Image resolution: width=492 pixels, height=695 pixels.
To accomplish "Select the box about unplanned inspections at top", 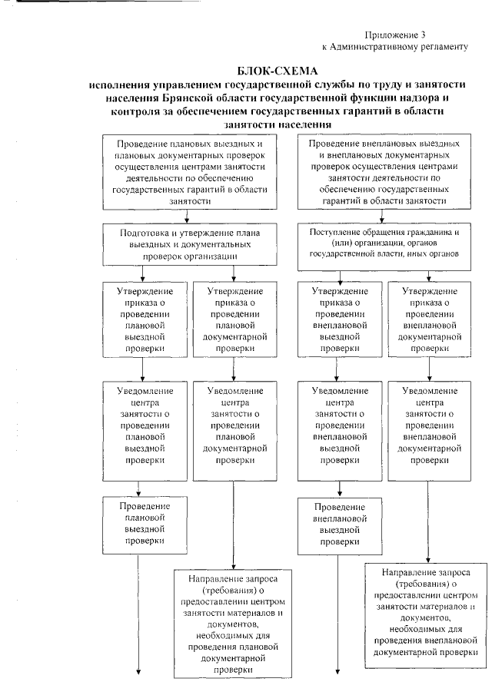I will point(384,170).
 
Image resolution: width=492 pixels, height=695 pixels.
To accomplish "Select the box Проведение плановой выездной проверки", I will point(139,525).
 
